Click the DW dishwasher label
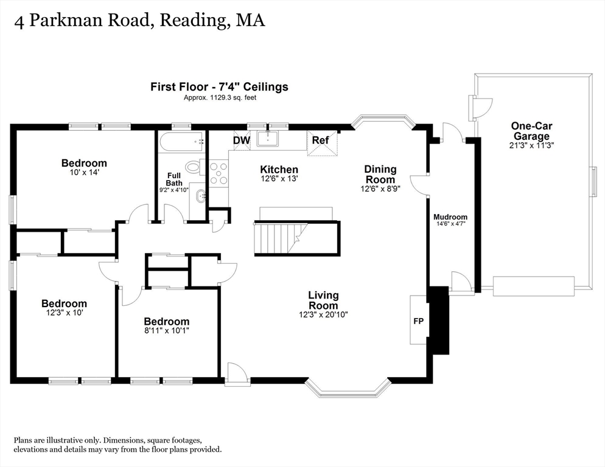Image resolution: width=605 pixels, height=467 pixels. point(242,140)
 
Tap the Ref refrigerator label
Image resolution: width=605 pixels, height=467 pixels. point(320,140)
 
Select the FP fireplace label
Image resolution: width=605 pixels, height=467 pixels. point(419,321)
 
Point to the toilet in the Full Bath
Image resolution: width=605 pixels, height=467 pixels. point(194,167)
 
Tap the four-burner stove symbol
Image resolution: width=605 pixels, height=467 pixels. point(219,173)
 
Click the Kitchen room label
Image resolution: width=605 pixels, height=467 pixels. point(279,170)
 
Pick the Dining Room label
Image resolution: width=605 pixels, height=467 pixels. point(380,174)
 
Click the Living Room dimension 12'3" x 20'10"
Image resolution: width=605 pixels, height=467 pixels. point(323,314)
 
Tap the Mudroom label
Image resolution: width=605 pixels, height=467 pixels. point(450,217)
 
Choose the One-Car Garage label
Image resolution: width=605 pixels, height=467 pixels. point(531,131)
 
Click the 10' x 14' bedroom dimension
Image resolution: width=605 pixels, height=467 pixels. point(84,173)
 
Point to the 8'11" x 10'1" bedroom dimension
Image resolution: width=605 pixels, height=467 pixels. point(166,331)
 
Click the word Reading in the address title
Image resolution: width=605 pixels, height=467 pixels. point(194,21)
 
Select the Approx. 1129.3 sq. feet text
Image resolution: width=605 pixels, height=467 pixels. point(220,97)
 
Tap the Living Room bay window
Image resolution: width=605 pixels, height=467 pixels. point(347,387)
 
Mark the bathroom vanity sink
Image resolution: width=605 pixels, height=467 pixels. point(200,196)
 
